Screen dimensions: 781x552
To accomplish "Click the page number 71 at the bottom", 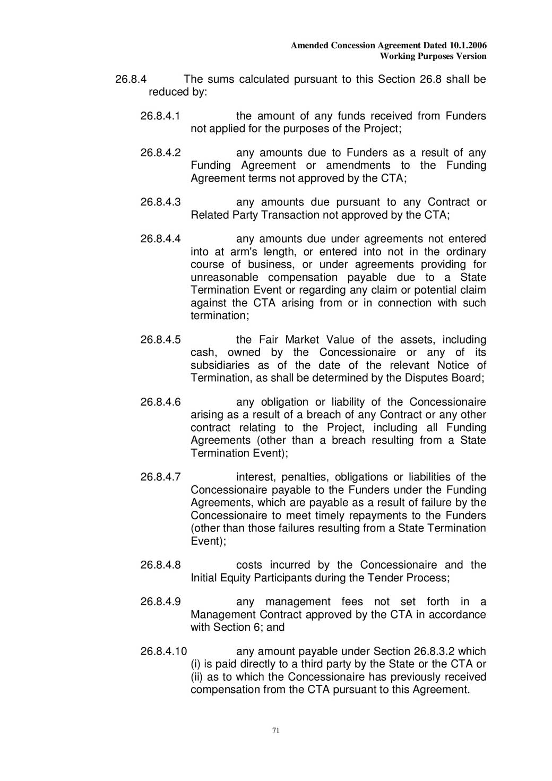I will [x=275, y=730].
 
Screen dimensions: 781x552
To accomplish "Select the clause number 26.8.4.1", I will [x=160, y=116].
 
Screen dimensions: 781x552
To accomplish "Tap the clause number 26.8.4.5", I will [x=160, y=339].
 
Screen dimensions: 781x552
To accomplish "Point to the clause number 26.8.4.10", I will [x=163, y=651].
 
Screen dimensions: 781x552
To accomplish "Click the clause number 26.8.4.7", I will [x=160, y=477].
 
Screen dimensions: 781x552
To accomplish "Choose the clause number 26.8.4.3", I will [x=160, y=202].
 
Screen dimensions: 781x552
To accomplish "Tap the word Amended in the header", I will [x=309, y=46].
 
